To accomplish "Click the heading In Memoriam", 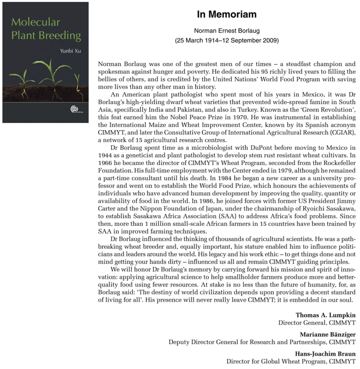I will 227,14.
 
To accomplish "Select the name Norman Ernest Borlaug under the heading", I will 227,31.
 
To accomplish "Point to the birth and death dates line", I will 227,40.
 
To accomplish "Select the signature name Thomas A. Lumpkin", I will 325,315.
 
